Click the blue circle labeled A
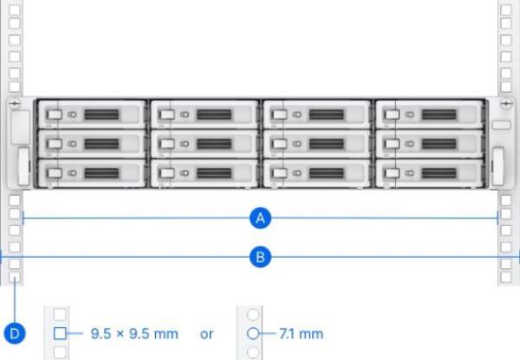coord(261,218)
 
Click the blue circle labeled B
coord(261,255)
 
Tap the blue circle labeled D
coord(15,334)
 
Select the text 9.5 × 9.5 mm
coord(133,334)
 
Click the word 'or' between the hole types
coord(208,334)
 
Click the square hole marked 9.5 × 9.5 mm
coord(60,334)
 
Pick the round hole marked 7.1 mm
coord(252,334)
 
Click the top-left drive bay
coord(91,114)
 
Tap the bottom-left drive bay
coord(91,175)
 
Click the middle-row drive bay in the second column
coord(203,145)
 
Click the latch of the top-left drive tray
coord(53,114)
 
